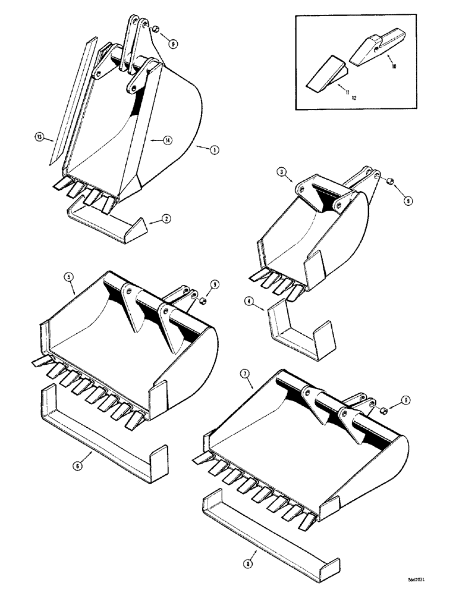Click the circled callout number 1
(x=212, y=149)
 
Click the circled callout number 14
(x=168, y=140)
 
